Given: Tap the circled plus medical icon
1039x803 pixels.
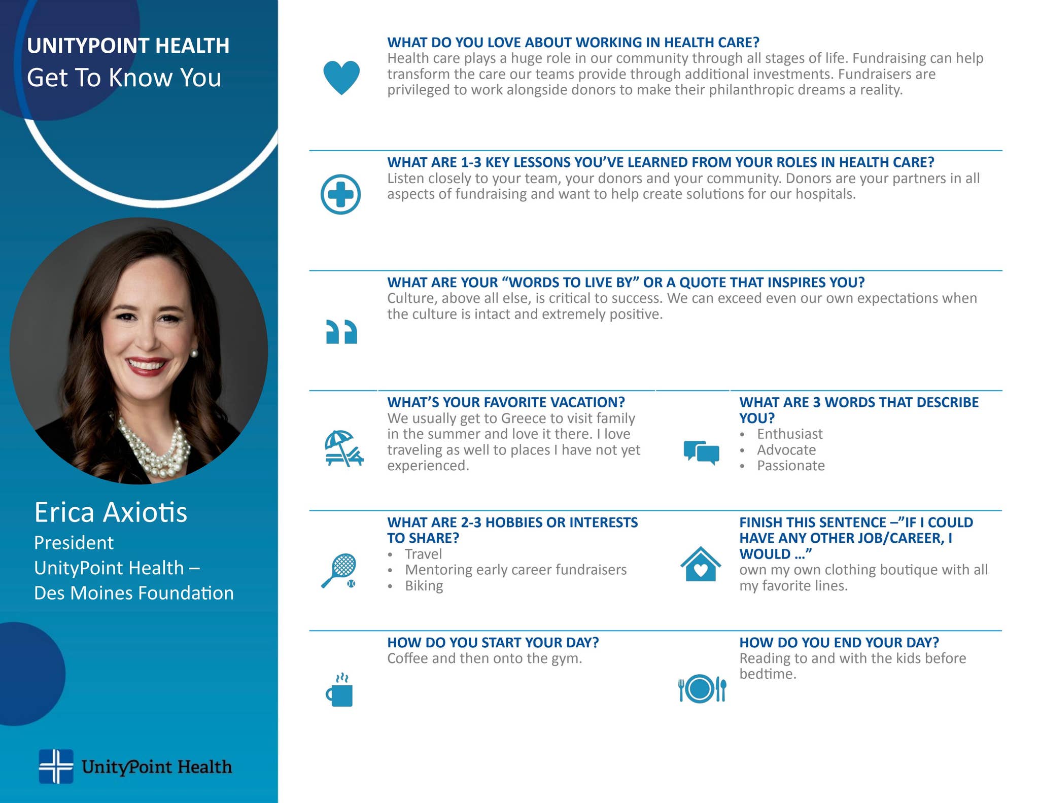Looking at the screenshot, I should click(340, 194).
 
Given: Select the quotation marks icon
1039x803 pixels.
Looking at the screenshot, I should click(341, 332).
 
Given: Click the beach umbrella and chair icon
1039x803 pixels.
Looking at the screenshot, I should click(343, 448).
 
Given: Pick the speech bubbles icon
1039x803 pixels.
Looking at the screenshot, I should click(701, 451).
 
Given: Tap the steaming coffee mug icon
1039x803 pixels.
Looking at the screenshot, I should click(339, 690).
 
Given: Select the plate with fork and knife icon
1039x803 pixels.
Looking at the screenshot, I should click(702, 689).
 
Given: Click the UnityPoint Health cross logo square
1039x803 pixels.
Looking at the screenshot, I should click(56, 766).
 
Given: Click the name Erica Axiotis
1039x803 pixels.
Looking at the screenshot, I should click(111, 512).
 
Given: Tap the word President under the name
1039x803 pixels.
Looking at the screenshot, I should click(74, 543).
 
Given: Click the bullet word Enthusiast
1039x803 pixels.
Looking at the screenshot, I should click(789, 434).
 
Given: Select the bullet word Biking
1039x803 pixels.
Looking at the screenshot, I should click(424, 586).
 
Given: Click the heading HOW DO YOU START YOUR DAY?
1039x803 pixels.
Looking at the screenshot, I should click(493, 643).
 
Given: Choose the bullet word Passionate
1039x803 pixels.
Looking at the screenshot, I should click(790, 466).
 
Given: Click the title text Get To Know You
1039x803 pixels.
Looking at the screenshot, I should click(124, 78).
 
